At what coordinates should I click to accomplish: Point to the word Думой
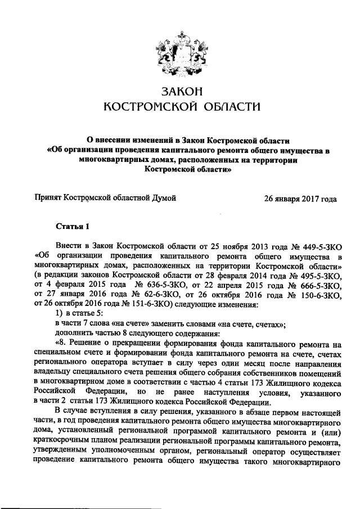163,198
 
